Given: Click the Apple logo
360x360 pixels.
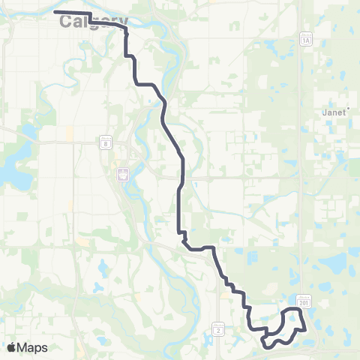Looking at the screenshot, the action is tap(11, 347).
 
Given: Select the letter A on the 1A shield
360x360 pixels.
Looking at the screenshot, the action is tap(307, 39).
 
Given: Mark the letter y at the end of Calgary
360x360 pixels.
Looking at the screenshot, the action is tap(122, 22).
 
